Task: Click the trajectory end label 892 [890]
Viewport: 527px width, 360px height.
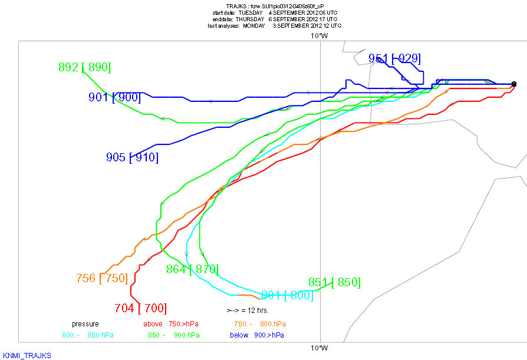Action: tap(85, 67)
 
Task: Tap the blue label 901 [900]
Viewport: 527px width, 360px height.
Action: tap(114, 97)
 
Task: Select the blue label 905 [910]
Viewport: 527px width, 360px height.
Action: tap(132, 157)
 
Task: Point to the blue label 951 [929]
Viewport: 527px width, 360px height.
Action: tap(394, 58)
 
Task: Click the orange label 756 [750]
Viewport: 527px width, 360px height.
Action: tap(102, 278)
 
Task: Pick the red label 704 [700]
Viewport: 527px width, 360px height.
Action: tap(140, 308)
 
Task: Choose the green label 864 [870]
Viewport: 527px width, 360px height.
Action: tap(192, 269)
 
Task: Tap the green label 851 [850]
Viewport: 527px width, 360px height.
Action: tap(334, 282)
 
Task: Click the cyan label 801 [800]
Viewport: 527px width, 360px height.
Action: tap(287, 295)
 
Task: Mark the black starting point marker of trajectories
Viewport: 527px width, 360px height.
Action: tap(514, 84)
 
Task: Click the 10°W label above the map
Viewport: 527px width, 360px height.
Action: tap(320, 35)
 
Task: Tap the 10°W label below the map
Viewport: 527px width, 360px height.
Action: tap(320, 347)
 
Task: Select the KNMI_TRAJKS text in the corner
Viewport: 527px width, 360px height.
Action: tap(27, 355)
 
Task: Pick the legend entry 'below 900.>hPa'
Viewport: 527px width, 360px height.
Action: tap(256, 335)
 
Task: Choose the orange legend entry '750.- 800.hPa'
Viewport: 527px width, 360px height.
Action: tap(260, 324)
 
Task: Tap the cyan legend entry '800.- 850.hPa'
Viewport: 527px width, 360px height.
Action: tap(88, 335)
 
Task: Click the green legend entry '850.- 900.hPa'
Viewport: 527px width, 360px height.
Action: tap(174, 335)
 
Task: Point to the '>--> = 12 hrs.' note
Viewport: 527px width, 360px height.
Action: tap(248, 310)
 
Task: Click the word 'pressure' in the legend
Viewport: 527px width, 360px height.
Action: tap(85, 324)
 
